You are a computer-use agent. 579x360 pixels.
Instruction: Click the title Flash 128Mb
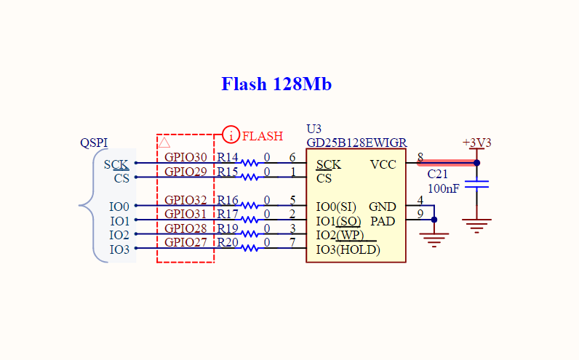point(276,84)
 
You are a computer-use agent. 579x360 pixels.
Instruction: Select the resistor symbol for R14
point(249,162)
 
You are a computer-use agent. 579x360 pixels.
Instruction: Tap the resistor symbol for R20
point(249,248)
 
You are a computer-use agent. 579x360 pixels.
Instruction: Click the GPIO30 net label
point(185,157)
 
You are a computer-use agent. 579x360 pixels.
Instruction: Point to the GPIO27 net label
point(185,243)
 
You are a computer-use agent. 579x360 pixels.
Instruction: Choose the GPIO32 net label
point(185,200)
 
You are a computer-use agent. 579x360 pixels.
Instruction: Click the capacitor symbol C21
point(476,184)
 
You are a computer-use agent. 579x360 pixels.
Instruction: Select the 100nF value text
point(444,188)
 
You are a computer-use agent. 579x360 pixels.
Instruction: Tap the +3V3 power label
point(476,143)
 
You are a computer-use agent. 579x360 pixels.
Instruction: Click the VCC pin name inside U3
point(383,164)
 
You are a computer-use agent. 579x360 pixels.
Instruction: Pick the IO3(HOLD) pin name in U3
point(348,250)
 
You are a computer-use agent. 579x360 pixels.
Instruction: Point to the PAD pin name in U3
point(383,221)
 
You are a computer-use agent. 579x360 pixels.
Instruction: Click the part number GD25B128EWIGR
point(356,143)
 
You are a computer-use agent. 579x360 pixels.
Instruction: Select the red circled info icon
point(231,135)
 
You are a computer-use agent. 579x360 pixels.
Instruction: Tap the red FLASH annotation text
point(263,136)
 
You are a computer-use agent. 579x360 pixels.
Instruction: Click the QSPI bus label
point(94,143)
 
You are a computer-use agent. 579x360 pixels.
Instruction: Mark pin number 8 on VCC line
point(420,157)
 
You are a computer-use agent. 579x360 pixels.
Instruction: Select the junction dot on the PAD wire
point(434,220)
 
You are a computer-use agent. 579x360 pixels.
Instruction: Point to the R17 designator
point(227,214)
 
